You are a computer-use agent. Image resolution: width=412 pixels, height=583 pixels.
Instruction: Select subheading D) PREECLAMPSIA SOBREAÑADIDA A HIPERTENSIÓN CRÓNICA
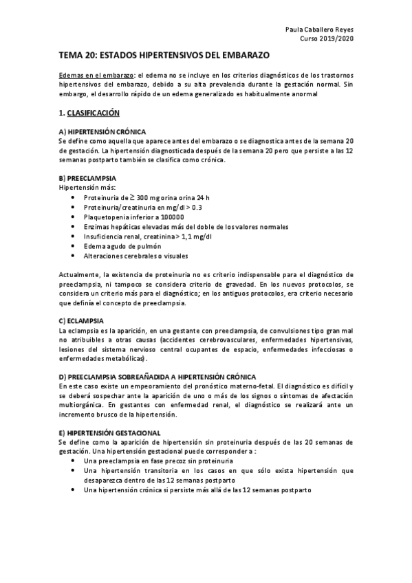pos(157,377)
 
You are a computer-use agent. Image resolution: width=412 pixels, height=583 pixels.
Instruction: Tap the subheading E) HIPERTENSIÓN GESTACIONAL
pos(109,433)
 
